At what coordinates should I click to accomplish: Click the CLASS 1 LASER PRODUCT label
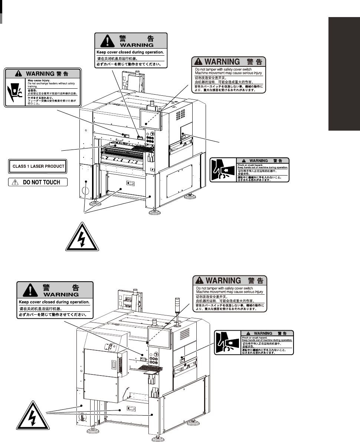tap(37, 166)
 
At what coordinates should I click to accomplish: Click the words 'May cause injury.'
tap(37, 79)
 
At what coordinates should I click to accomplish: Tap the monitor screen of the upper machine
tap(151, 119)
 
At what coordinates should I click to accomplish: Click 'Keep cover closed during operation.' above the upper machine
tap(130, 52)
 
